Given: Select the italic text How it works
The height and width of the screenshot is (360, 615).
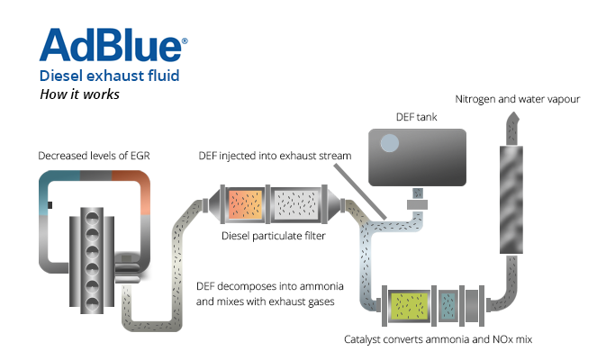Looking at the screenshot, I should tap(79, 94).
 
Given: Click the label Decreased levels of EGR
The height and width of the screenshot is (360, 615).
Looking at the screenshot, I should tap(94, 156).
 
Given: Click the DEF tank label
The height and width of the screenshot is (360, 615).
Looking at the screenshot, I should tap(416, 117).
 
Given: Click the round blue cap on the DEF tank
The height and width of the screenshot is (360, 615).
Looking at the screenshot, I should tap(389, 144).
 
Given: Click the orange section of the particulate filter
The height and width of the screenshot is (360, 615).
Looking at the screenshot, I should tap(244, 205).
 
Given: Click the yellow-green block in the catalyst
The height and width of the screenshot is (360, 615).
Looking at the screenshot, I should tap(408, 306).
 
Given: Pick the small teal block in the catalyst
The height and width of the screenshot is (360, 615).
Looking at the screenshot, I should tap(448, 306).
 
